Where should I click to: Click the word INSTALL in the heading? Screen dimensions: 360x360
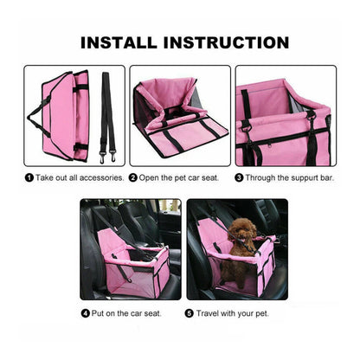point(120,42)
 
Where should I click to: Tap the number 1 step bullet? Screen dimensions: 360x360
point(29,177)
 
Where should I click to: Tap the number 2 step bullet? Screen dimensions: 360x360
point(133,177)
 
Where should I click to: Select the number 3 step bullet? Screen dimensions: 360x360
point(240,177)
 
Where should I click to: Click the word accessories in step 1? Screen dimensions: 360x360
point(103,177)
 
